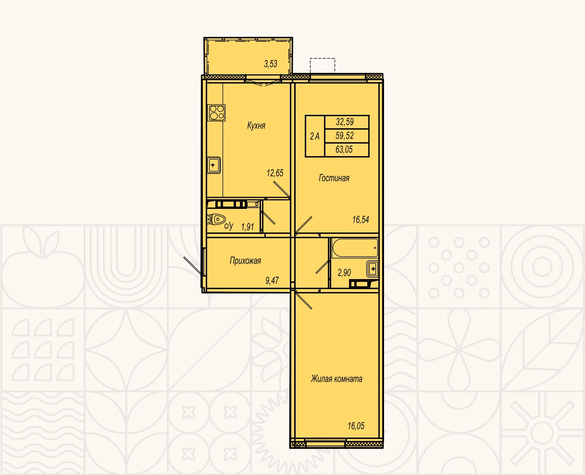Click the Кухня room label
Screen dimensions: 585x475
coord(256,126)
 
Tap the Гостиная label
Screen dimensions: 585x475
coord(334,178)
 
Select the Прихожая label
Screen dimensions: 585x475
coord(245,261)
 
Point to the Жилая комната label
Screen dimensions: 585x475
coord(336,379)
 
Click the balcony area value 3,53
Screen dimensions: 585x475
coord(271,64)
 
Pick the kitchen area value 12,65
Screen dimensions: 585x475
coord(275,173)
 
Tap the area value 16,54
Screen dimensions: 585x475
coord(361,219)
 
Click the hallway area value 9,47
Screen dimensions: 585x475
coord(272,280)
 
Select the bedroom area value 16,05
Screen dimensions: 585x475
coord(356,426)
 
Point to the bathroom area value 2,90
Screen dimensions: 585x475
coord(344,272)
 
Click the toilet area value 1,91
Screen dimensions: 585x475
coord(247,227)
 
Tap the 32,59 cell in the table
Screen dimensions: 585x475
coord(347,122)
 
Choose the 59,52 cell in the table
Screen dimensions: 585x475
coord(347,136)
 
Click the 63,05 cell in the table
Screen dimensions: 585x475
coord(347,150)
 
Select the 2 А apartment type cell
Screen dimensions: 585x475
coord(315,136)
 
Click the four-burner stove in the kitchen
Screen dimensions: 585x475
coord(217,112)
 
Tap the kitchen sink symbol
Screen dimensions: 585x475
coord(213,165)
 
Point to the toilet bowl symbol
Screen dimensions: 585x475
coord(216,219)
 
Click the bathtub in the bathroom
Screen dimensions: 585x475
coord(355,248)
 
